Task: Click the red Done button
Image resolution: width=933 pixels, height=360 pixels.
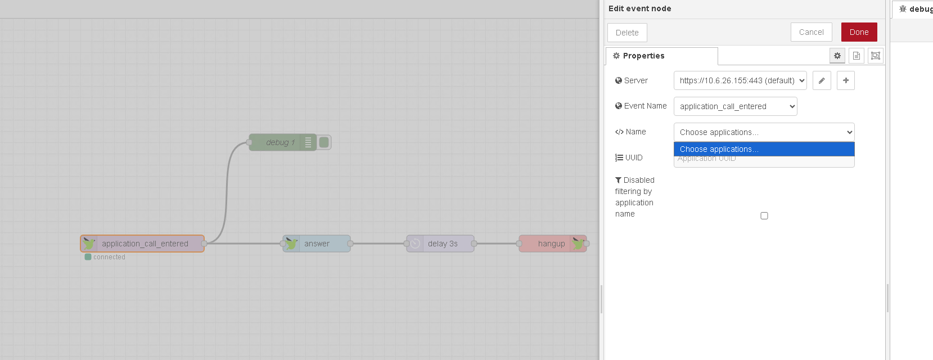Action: tap(859, 32)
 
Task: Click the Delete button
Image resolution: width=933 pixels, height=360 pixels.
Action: tap(627, 33)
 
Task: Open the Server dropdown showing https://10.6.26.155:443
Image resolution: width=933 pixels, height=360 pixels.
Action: tap(740, 80)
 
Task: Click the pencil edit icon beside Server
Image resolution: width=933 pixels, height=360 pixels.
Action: tap(822, 80)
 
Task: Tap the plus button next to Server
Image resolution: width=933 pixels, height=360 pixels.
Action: tap(846, 80)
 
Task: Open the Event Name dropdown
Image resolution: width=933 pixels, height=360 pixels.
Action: tap(735, 106)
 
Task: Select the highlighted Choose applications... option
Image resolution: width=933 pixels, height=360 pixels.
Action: tap(764, 149)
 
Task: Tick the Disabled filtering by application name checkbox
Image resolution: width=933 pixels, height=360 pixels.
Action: tap(764, 215)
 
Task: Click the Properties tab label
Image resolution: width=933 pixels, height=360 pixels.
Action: tap(643, 56)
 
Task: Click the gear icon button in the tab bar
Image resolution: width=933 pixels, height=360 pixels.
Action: tap(837, 56)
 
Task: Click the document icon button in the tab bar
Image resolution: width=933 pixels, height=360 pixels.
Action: tap(857, 56)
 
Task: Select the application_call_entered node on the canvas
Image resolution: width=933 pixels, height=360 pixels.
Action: tap(145, 244)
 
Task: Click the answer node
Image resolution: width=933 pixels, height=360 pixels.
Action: tap(317, 244)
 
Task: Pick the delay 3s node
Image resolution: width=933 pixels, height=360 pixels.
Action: tap(442, 244)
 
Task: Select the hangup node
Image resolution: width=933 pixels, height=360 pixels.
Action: tap(551, 244)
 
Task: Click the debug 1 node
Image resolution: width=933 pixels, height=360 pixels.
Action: tap(280, 142)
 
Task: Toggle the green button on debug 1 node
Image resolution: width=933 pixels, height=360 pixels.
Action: tap(324, 142)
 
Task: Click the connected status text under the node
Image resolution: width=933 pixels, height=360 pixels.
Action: tap(109, 257)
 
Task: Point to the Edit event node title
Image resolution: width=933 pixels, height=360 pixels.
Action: tap(639, 8)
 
